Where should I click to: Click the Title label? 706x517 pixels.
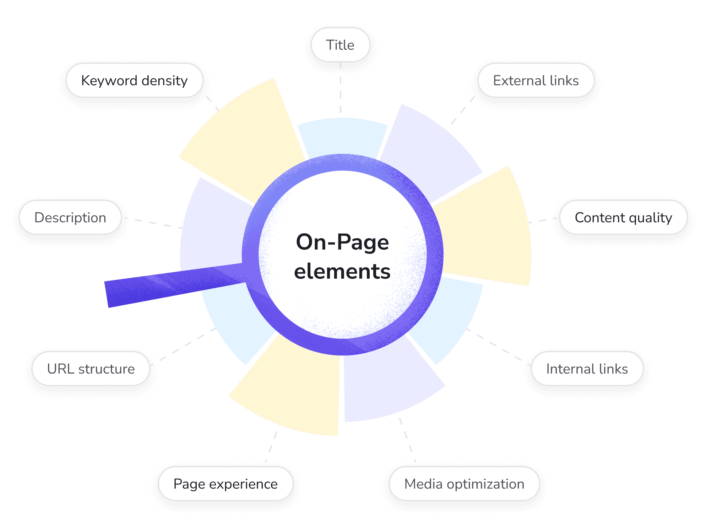click(x=340, y=45)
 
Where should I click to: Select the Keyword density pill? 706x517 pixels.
click(x=134, y=81)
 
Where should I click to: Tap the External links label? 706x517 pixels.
click(x=536, y=81)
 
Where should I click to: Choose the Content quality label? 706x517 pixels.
click(x=623, y=218)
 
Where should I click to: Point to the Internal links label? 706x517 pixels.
click(x=587, y=369)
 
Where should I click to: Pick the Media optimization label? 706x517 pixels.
click(x=464, y=484)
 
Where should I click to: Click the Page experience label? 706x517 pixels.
click(x=226, y=484)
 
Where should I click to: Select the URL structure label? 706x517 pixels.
click(x=91, y=369)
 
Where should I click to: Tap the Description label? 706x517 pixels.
click(x=70, y=218)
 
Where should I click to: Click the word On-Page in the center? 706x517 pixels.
click(x=342, y=243)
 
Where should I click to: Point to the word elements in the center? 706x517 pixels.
click(x=342, y=272)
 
